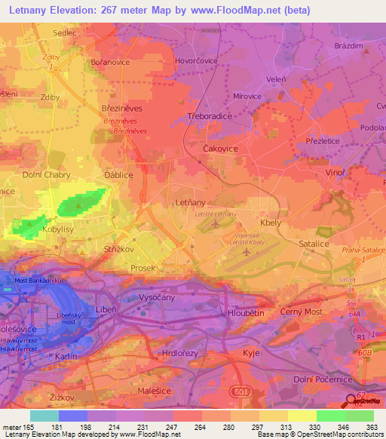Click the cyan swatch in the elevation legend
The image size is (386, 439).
pyautogui.click(x=44, y=416)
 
